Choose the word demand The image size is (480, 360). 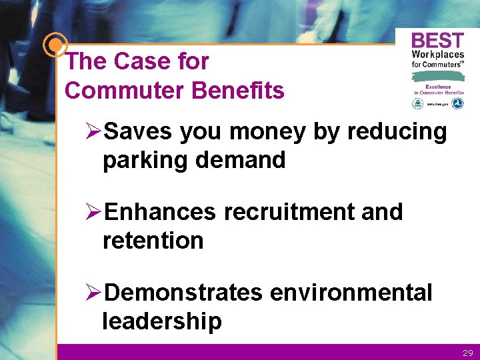(243, 160)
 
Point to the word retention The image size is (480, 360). (153, 240)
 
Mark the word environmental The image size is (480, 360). (351, 292)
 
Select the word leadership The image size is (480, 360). (162, 321)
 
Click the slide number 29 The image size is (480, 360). (467, 353)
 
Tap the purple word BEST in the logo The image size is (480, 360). (437, 39)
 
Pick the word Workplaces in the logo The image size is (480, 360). (437, 54)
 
